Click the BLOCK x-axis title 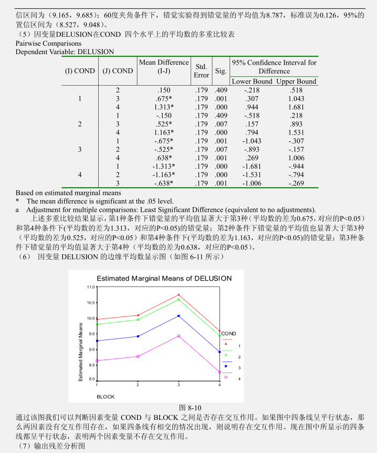tap(105, 396)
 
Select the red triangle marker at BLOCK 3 tap(179, 295)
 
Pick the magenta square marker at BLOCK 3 tap(179, 336)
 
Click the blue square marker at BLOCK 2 tap(138, 336)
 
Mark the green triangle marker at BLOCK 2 tap(138, 319)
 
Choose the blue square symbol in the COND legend tap(226, 366)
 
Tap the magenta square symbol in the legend tap(226, 377)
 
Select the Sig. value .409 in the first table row tap(221, 90)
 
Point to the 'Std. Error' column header tap(201, 71)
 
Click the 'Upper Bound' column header tap(296, 81)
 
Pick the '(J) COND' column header tap(118, 71)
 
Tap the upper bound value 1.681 tap(296, 107)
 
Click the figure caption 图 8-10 tap(191, 407)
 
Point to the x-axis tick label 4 tap(219, 385)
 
